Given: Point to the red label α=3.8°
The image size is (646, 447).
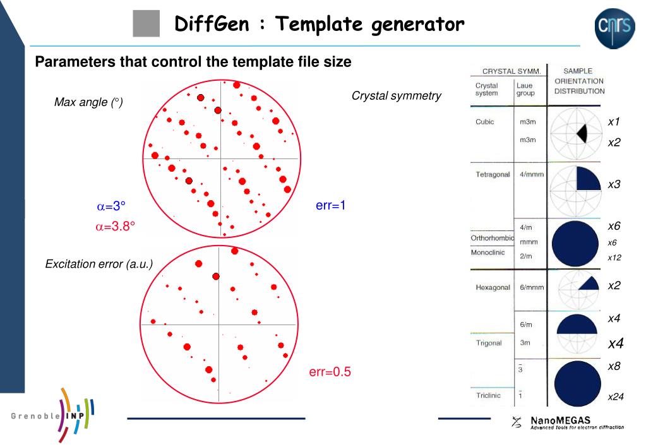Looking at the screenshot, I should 116,226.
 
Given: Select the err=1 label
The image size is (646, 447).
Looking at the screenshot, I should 330,205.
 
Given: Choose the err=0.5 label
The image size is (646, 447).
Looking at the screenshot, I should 330,372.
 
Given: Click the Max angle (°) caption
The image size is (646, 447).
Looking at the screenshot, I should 88,102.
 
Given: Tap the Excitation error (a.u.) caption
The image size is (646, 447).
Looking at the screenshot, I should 99,264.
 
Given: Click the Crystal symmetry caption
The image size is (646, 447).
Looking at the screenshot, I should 397,96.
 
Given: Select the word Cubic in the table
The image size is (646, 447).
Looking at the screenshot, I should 485,122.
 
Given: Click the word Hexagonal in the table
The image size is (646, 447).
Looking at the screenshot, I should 493,287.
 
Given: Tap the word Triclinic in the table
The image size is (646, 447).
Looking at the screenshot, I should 488,395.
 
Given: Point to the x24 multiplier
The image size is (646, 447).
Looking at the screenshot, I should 616,397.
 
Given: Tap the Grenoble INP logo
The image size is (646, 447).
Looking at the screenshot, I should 54,416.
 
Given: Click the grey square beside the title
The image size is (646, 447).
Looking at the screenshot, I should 147,25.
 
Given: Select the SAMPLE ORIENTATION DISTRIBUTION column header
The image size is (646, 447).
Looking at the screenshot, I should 579,81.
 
